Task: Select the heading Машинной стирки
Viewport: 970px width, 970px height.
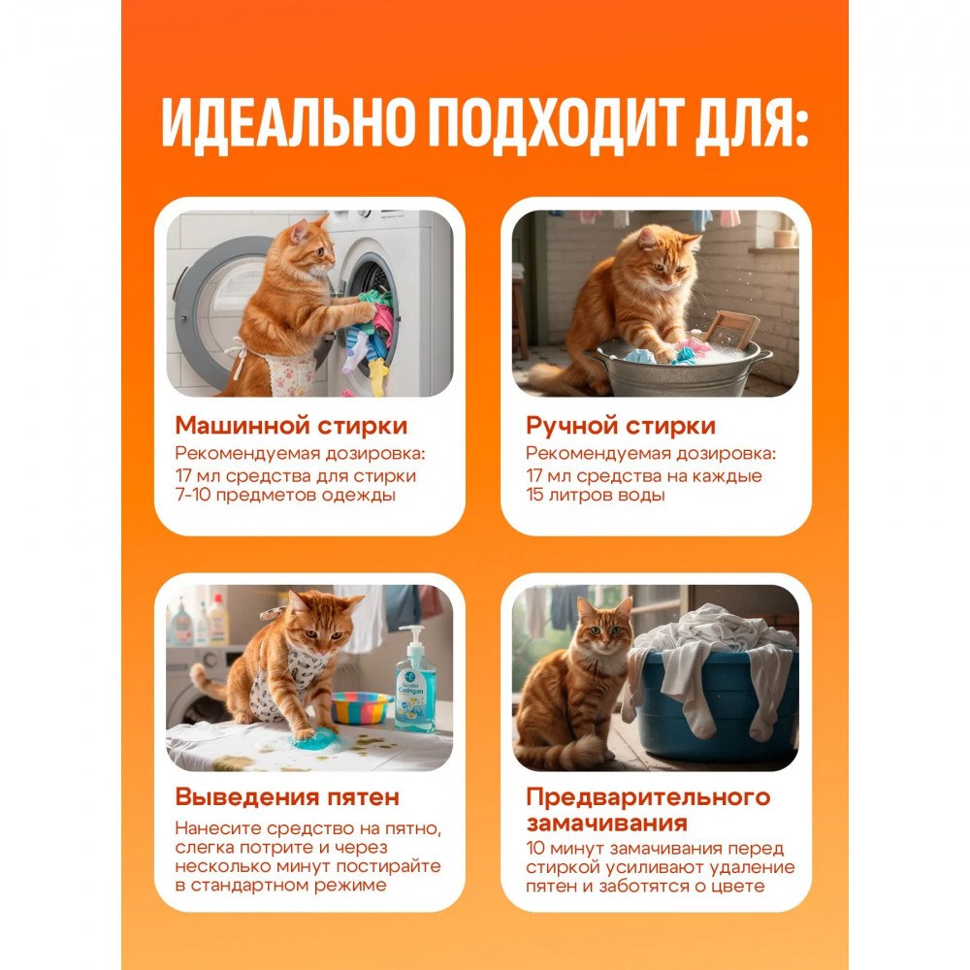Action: (291, 426)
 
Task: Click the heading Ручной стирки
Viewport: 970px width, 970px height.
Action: (621, 426)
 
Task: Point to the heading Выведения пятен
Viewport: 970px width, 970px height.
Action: (287, 796)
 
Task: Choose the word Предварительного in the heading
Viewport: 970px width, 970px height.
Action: (648, 797)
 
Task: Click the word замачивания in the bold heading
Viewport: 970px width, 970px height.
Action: (607, 824)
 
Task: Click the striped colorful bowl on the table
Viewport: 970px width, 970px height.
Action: (361, 707)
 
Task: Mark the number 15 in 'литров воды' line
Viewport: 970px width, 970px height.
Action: (535, 495)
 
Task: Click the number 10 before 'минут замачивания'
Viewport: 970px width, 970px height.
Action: (535, 848)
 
